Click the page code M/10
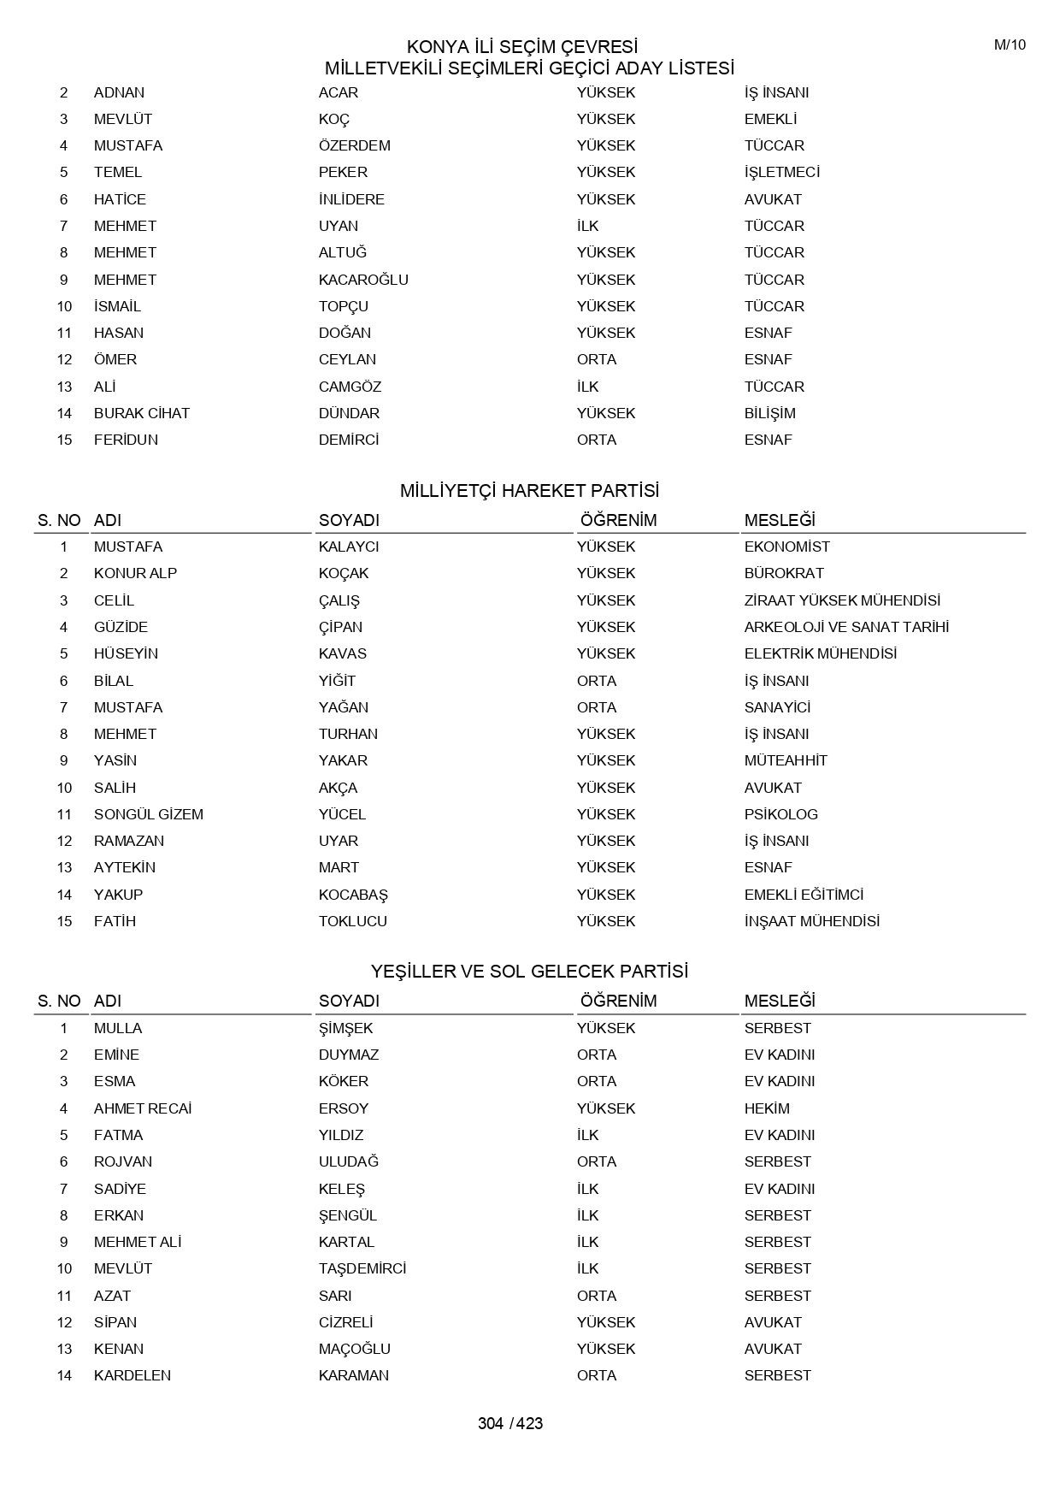click(1010, 45)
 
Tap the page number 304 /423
click(510, 1423)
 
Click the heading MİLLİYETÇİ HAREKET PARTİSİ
click(529, 491)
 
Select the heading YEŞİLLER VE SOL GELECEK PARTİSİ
click(529, 972)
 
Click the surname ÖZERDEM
click(354, 145)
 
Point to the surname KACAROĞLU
click(363, 280)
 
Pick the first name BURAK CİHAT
click(142, 413)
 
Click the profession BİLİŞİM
click(769, 413)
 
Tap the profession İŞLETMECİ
click(781, 172)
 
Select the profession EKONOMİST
click(786, 547)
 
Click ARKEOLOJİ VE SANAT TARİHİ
click(846, 627)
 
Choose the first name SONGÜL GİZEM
click(149, 814)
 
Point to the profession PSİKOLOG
click(780, 814)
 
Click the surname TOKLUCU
click(352, 921)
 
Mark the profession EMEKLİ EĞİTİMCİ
click(804, 895)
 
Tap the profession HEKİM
click(767, 1108)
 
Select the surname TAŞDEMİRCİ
click(362, 1268)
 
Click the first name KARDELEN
click(132, 1375)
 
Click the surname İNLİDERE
click(351, 199)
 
